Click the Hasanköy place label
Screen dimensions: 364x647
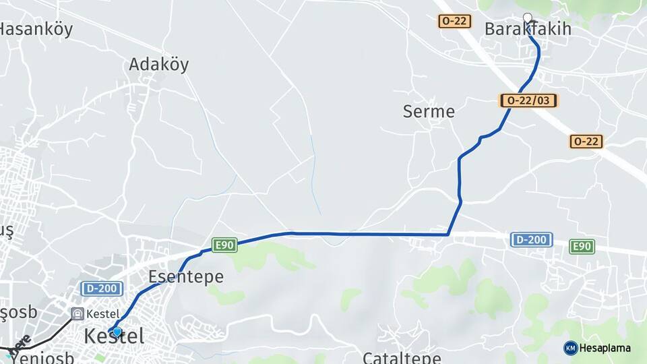35,29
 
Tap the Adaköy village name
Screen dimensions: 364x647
158,65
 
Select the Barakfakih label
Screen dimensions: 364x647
528,29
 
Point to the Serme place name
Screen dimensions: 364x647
429,111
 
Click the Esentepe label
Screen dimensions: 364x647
185,277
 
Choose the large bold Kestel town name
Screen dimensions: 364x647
114,336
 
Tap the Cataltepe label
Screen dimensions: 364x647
402,357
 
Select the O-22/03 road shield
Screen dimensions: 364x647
529,100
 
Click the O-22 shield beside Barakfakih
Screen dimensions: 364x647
454,21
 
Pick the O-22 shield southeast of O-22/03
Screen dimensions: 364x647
586,142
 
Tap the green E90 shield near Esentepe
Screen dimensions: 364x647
224,245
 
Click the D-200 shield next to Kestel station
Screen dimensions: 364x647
102,289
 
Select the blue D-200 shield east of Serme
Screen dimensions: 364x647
532,239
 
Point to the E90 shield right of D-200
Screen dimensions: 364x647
582,247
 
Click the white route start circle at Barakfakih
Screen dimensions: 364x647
527,18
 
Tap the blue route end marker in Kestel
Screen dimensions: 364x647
117,332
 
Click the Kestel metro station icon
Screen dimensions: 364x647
78,313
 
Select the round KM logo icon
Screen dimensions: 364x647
570,348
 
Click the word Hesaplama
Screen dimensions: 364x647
605,348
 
